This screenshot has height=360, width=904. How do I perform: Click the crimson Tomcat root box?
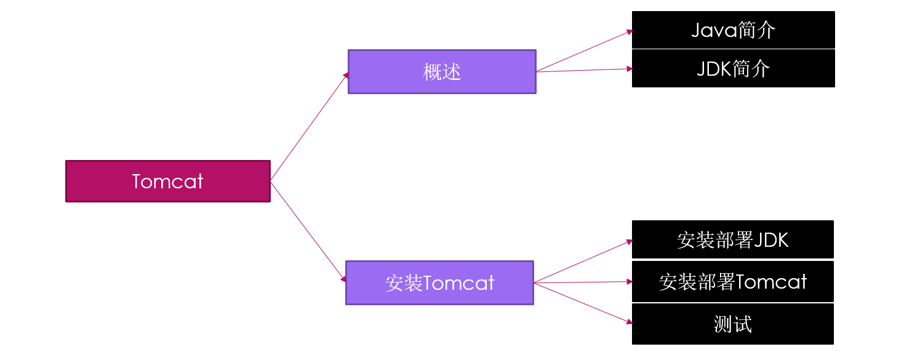(x=168, y=181)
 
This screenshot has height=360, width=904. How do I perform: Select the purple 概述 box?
(x=442, y=72)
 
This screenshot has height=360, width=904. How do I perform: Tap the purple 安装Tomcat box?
(x=439, y=282)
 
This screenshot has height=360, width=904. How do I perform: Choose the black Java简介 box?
(x=734, y=30)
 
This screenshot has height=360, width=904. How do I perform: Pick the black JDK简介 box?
(x=734, y=68)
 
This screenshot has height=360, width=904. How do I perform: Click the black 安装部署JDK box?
(x=732, y=239)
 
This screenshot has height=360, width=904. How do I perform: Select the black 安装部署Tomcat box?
(x=732, y=281)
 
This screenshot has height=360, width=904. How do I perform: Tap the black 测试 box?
(x=732, y=324)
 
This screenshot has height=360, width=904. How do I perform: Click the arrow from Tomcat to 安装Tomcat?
(x=308, y=232)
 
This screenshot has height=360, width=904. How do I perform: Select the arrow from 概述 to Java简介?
(x=585, y=51)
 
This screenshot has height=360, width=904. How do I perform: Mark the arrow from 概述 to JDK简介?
(x=585, y=70)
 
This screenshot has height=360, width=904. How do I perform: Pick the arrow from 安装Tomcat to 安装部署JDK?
(x=583, y=262)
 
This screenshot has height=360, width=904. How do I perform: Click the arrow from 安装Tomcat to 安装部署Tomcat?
(x=583, y=282)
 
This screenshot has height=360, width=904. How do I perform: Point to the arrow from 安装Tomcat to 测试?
(x=583, y=303)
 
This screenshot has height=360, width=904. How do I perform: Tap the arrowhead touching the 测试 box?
(x=630, y=322)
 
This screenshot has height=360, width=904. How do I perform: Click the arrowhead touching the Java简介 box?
(x=630, y=31)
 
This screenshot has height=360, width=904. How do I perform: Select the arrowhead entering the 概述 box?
(x=346, y=75)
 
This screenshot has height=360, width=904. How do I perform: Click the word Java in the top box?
(x=714, y=30)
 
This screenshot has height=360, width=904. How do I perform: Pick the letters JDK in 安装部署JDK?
(x=771, y=240)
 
